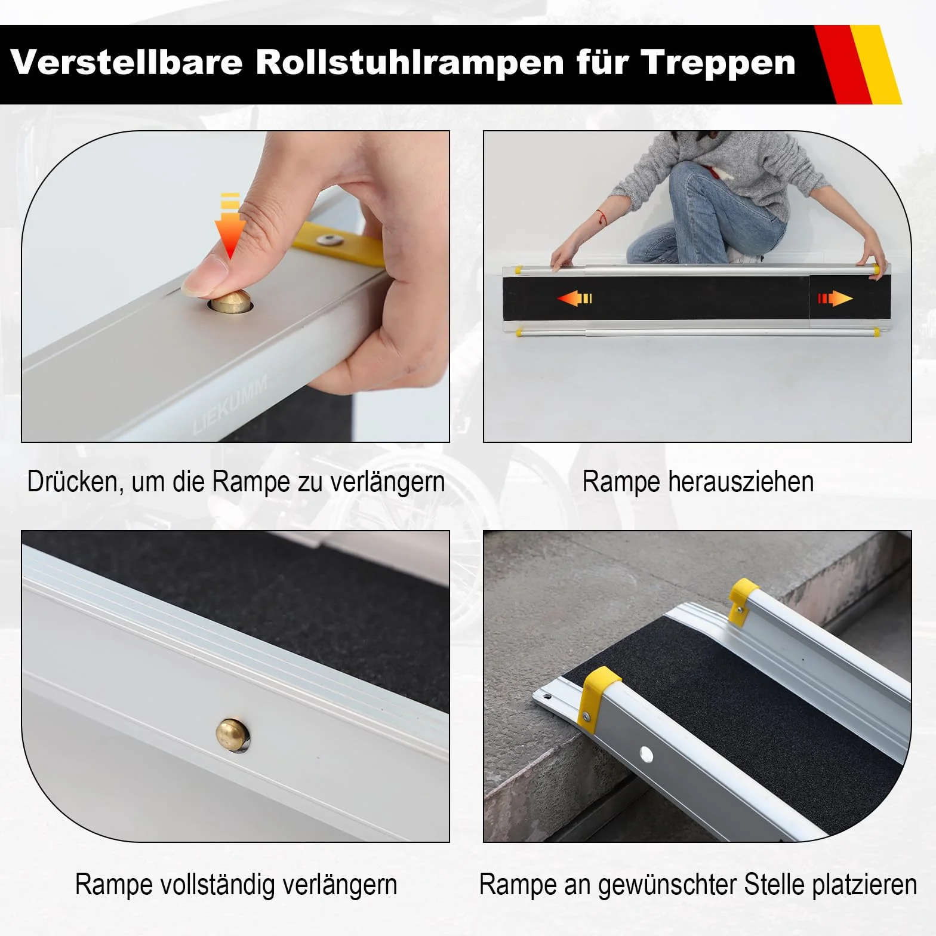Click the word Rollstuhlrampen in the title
click(x=410, y=62)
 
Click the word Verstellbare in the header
click(x=127, y=61)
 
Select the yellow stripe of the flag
click(x=876, y=64)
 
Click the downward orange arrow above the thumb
click(x=230, y=226)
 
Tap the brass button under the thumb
click(x=230, y=302)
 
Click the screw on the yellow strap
click(x=330, y=240)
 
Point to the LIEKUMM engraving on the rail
click(x=230, y=404)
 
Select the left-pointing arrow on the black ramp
click(x=574, y=297)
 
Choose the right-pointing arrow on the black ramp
click(x=835, y=298)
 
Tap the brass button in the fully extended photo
click(x=233, y=735)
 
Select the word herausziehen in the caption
click(x=740, y=481)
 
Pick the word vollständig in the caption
click(x=217, y=885)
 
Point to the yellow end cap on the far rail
click(x=744, y=601)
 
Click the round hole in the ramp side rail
click(x=645, y=755)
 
